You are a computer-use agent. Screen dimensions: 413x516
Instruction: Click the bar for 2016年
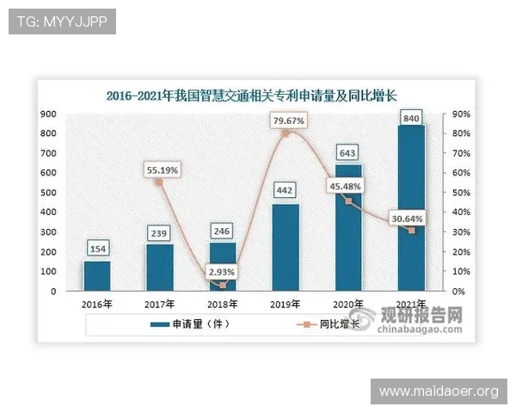point(96,276)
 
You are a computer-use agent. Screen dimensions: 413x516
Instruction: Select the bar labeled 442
point(286,248)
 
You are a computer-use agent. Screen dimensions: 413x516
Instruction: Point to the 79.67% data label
point(288,121)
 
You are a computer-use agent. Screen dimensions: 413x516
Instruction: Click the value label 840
point(410,117)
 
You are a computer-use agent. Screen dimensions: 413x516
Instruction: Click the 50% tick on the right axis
point(459,193)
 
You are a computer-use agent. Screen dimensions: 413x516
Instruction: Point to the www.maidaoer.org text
point(439,391)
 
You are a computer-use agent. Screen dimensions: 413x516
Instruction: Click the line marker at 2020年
point(348,200)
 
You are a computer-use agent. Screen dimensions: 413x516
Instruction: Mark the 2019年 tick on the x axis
point(286,304)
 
